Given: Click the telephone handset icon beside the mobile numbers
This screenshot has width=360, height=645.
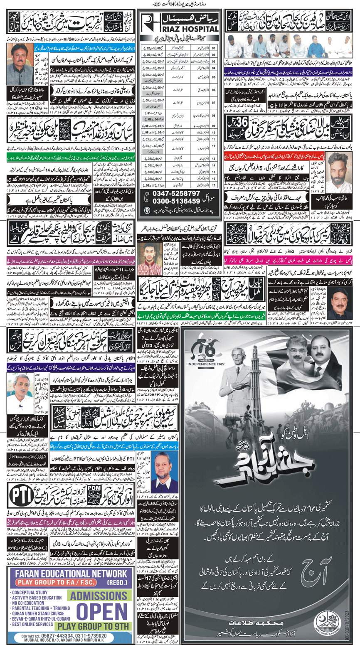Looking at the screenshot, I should pyautogui.click(x=147, y=198).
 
